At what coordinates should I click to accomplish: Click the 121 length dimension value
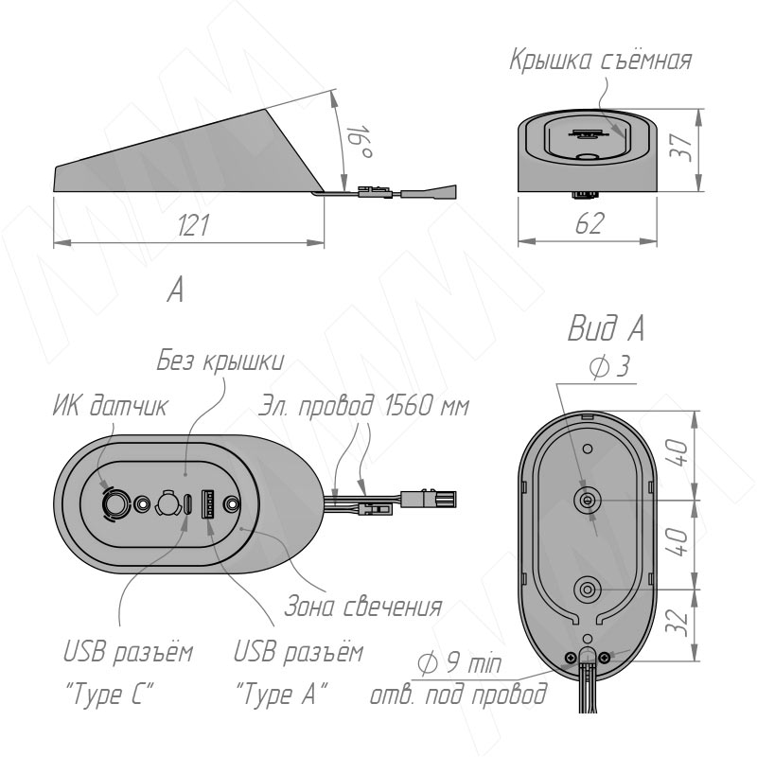tap(194, 225)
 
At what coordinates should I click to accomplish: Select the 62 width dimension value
tap(589, 223)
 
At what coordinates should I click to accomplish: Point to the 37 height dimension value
tap(681, 148)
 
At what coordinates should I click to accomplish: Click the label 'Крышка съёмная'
tap(601, 60)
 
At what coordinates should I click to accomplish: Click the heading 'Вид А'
tap(606, 328)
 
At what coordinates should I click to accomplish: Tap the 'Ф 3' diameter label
tap(609, 367)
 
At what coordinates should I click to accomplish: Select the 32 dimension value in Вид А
tap(677, 623)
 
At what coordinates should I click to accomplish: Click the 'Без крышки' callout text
tap(220, 361)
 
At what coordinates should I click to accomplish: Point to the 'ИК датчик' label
tap(110, 405)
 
